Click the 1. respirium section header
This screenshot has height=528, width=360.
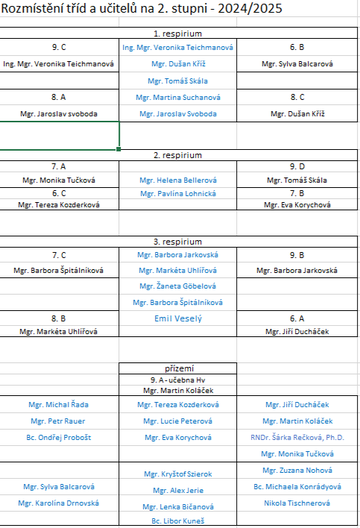177,34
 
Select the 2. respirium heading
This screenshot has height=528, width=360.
177,155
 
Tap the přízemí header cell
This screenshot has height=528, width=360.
180,368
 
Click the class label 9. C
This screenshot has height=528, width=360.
59,47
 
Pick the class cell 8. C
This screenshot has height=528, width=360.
297,97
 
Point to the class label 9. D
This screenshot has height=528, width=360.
297,167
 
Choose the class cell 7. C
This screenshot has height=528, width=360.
59,255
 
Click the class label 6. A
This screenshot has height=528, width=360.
297,318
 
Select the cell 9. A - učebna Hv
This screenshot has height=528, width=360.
177,380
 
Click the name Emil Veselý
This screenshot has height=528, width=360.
178,318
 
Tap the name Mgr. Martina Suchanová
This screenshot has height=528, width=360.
178,97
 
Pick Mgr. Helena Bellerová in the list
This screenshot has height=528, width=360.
178,180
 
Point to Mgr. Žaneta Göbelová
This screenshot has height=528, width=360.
177,286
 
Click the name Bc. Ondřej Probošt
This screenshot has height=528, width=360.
59,438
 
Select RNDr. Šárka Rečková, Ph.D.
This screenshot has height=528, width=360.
297,438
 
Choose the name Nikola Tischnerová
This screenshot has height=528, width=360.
297,503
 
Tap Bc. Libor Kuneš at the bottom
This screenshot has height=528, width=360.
177,521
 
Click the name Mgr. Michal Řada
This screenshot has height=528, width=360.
59,405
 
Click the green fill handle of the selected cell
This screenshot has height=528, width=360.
119,149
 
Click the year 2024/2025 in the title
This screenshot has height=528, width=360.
250,8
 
